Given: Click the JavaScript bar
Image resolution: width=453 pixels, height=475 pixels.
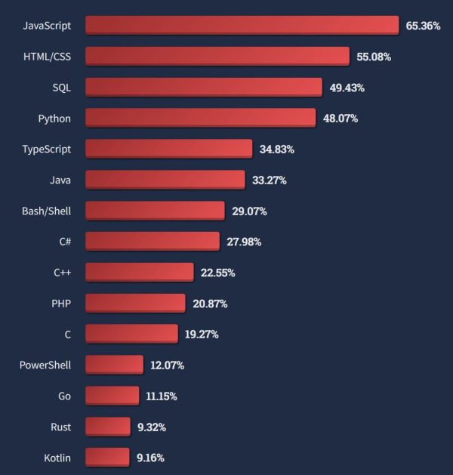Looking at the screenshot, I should tap(242, 25).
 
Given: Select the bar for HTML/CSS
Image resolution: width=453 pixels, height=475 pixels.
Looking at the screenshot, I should tap(217, 56).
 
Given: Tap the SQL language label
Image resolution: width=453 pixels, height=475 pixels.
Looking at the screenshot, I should tap(61, 87).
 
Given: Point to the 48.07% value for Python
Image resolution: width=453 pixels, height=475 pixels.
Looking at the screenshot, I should tap(341, 119).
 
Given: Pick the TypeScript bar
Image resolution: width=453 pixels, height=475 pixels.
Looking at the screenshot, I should tap(168, 149).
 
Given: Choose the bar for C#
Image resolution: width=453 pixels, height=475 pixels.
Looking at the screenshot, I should tap(153, 242).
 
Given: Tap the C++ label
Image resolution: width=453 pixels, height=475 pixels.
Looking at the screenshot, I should tap(62, 273).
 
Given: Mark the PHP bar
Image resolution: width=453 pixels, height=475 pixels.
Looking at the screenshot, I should tap(135, 304).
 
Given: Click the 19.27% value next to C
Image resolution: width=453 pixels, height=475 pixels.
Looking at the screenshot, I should tap(202, 335).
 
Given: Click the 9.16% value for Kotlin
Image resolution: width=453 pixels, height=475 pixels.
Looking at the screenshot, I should tap(150, 458).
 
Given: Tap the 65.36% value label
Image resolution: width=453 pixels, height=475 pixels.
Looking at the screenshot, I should tap(423, 26).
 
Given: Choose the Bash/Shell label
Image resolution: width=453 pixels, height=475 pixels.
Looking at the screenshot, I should tap(47, 211).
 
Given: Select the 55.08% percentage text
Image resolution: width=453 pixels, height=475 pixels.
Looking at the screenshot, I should tap(374, 57).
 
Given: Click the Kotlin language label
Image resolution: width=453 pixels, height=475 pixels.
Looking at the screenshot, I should tap(57, 458).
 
